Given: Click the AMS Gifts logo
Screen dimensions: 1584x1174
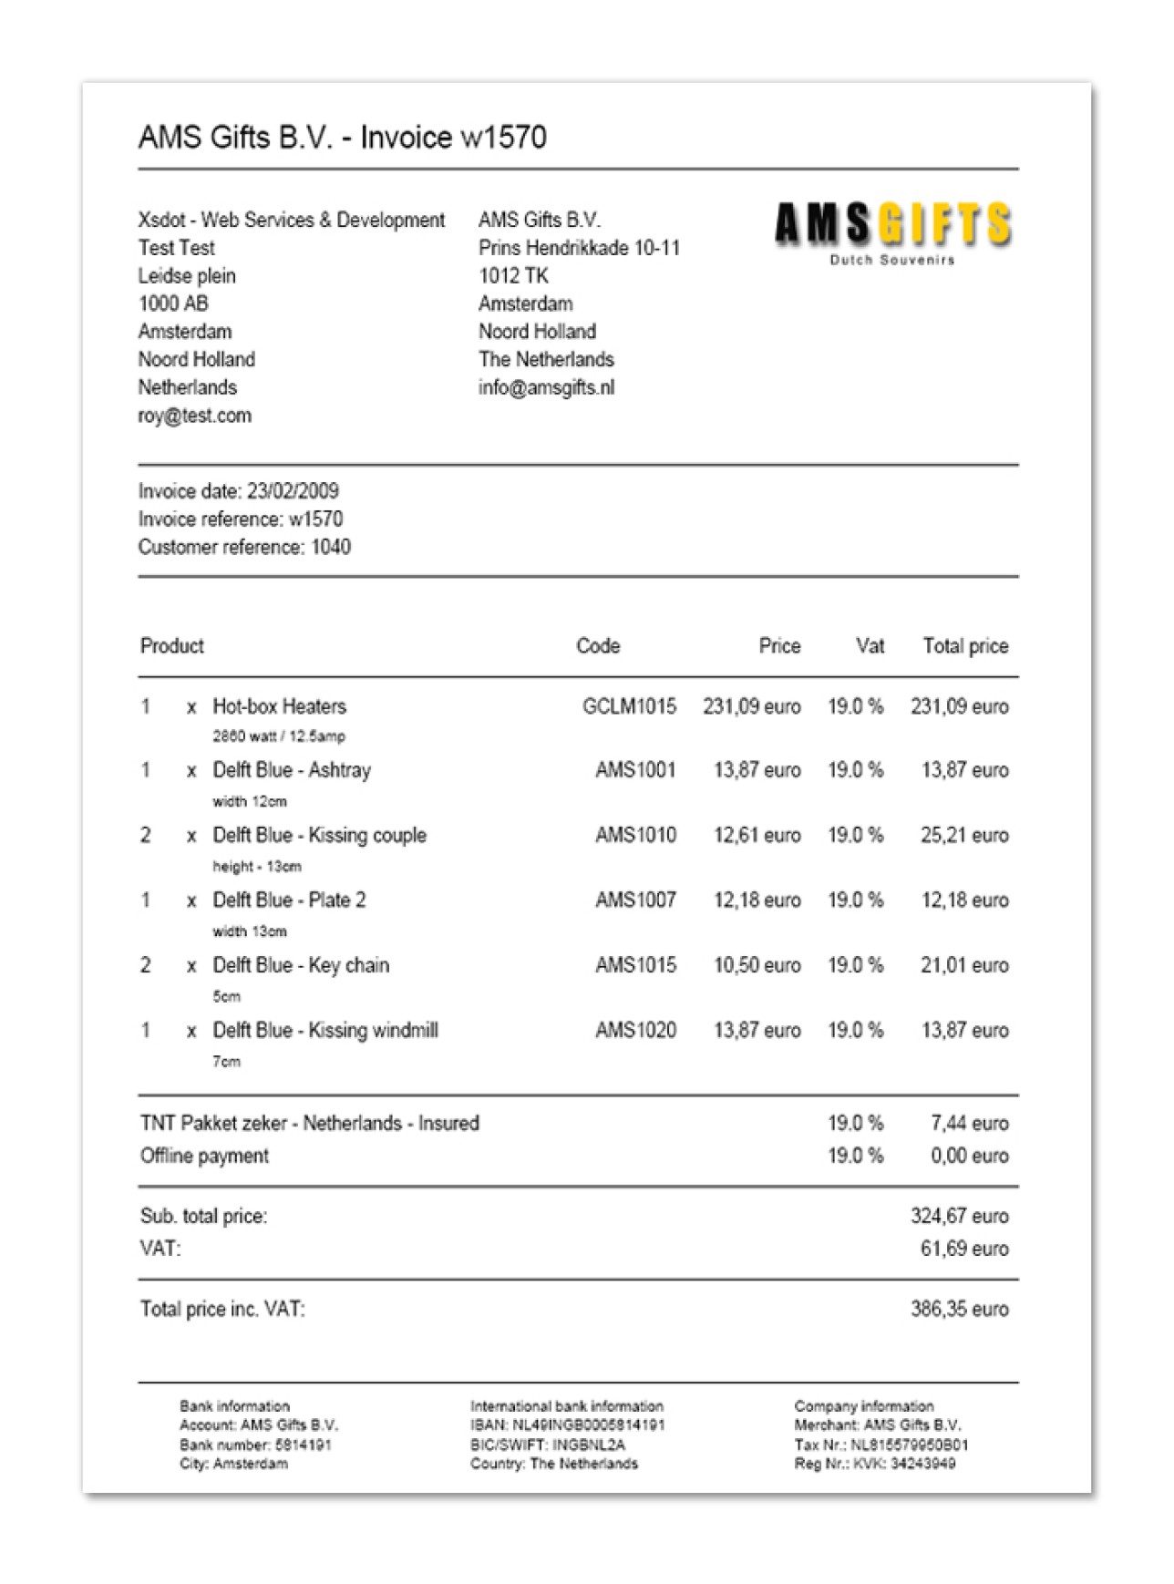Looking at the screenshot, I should (x=892, y=230).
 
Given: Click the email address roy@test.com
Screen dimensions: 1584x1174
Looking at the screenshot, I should (x=195, y=416).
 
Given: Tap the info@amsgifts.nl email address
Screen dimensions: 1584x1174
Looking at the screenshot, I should (x=546, y=387).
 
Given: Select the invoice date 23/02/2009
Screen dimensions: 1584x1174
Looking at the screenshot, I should (x=293, y=491).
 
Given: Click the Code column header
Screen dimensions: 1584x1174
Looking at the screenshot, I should (x=598, y=646).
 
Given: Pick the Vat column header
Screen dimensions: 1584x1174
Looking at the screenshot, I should (x=870, y=646).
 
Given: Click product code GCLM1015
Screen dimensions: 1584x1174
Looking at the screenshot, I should (x=629, y=706).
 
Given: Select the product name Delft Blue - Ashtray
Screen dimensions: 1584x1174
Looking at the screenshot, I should (x=292, y=770).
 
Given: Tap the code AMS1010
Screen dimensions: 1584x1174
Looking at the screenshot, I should (x=635, y=835).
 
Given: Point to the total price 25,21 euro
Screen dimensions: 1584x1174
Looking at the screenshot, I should (x=963, y=835).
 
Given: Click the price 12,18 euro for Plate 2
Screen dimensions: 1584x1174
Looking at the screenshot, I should (x=757, y=900).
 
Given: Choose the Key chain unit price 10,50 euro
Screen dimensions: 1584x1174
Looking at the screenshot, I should (x=757, y=965).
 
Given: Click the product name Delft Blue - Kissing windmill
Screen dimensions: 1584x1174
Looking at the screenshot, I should (x=325, y=1031).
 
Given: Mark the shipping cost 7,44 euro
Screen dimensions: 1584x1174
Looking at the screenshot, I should (x=969, y=1124).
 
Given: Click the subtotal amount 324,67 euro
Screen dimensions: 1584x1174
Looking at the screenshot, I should (x=959, y=1216).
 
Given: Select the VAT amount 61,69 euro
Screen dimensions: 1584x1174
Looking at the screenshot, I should (x=963, y=1249).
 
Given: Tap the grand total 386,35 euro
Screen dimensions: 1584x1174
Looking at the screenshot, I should (x=959, y=1310).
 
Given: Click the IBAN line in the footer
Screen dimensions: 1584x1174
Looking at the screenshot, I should (x=567, y=1425).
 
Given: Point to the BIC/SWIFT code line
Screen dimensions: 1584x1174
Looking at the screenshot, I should (x=547, y=1445).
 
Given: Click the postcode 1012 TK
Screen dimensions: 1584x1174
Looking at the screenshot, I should (x=513, y=276).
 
